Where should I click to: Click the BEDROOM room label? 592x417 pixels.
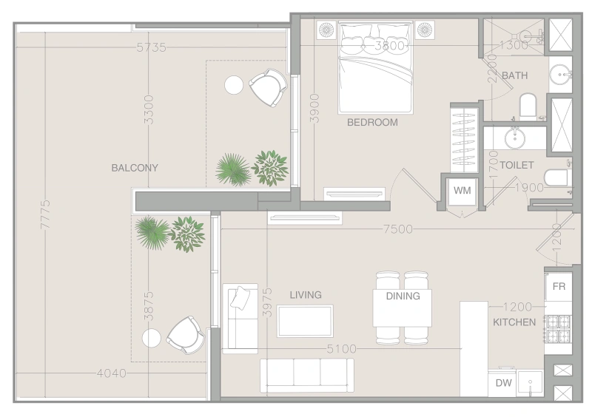(x=372, y=123)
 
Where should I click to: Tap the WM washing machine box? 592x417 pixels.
(x=462, y=191)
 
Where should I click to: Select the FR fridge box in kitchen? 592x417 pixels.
(x=559, y=287)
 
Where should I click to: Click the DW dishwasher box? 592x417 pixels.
(x=503, y=383)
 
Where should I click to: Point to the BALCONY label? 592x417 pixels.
(x=135, y=168)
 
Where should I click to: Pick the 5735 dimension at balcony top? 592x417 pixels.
(x=151, y=47)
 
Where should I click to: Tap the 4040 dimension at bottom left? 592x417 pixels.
(x=112, y=373)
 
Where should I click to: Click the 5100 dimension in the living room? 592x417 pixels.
(x=342, y=349)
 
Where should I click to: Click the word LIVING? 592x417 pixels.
(x=306, y=295)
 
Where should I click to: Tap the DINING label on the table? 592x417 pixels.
(x=403, y=296)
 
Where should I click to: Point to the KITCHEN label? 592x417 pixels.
(x=514, y=322)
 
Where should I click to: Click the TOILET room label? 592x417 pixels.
(x=517, y=166)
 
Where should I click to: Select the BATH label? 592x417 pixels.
(x=514, y=76)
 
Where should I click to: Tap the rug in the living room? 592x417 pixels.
(x=305, y=321)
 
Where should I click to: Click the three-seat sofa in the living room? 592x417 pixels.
(x=306, y=375)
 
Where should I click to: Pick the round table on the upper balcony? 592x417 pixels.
(x=234, y=85)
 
